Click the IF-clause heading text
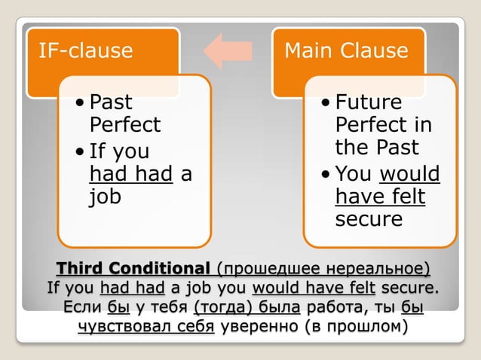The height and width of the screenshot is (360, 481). pos(85,51)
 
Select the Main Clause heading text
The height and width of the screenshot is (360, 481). pos(346,51)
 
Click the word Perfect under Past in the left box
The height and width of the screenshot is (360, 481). pos(125,124)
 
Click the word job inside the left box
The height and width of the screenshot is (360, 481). pos(105,197)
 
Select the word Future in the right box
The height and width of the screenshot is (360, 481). pos(369,102)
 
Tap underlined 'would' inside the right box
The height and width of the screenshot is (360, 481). pos(409,174)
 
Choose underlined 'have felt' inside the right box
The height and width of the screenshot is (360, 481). pos(380,197)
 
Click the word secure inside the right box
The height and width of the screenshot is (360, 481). pos(369,218)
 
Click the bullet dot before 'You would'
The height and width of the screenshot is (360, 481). pos(326,175)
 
